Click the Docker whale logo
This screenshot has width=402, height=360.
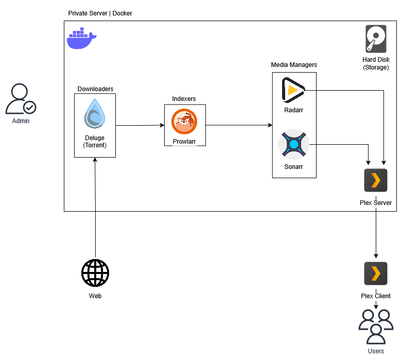(x=81, y=39)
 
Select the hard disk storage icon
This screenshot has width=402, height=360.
(x=376, y=39)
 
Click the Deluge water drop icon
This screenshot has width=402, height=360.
(x=95, y=113)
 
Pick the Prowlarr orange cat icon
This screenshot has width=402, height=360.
(x=184, y=122)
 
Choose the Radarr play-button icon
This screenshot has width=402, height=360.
(x=293, y=90)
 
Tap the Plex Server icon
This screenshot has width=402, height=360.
(x=376, y=180)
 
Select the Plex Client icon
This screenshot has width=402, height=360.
(x=376, y=273)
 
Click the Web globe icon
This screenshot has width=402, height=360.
(x=95, y=273)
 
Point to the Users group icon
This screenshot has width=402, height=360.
(x=376, y=327)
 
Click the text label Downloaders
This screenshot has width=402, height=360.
(x=95, y=89)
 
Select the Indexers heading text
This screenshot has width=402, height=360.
(x=184, y=99)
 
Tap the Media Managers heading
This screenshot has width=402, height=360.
(x=294, y=65)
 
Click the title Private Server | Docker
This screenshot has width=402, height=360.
(x=100, y=13)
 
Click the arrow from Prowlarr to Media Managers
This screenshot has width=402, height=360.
(x=239, y=125)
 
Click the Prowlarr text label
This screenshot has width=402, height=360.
(x=184, y=141)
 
